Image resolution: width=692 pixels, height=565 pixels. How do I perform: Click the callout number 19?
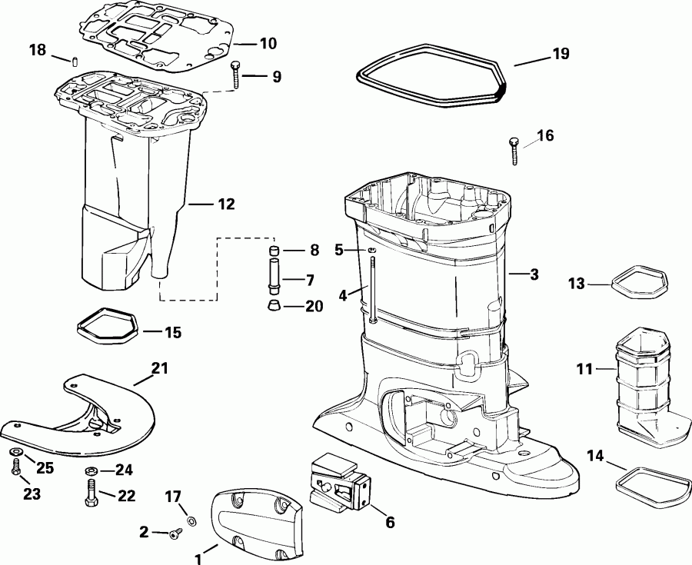tap(561, 55)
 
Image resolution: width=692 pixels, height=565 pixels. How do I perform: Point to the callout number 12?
tap(225, 204)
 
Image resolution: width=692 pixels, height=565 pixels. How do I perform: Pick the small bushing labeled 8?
tap(274, 251)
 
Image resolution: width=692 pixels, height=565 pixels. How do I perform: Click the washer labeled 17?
tap(191, 521)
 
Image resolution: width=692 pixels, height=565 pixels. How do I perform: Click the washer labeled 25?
tap(15, 451)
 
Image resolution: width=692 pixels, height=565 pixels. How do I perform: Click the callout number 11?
tap(585, 370)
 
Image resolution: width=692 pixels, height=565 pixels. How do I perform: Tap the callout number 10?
tap(268, 44)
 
